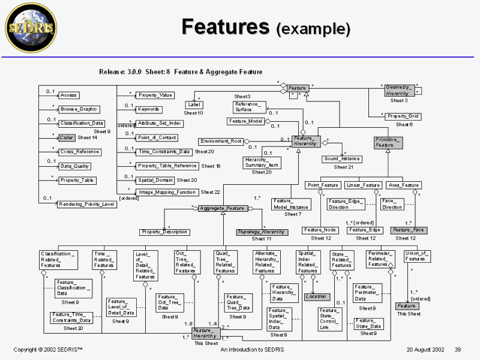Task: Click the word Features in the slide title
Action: click(225, 27)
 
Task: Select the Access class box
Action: click(70, 95)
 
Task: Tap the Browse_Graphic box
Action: click(79, 109)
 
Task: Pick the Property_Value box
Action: click(155, 95)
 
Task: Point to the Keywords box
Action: click(149, 109)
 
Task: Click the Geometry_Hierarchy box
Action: click(397, 90)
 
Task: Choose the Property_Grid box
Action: click(403, 116)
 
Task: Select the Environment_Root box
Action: click(222, 141)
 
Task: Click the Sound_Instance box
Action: click(342, 159)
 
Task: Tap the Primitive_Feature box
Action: click(388, 142)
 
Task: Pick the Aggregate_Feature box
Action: click(222, 208)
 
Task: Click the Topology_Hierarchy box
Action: click(262, 232)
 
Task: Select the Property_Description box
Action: click(164, 232)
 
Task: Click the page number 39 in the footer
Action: click(457, 349)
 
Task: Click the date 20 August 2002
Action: click(425, 349)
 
